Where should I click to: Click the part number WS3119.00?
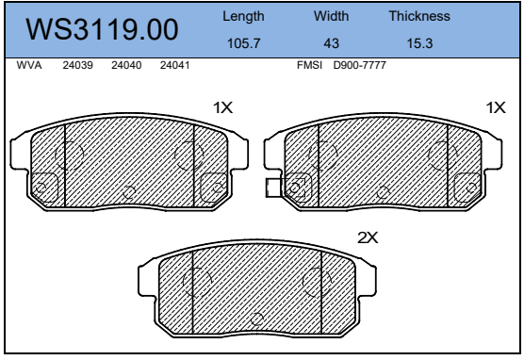[x=102, y=29]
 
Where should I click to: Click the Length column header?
[x=243, y=16]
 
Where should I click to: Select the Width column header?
[x=331, y=16]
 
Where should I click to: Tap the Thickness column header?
[x=419, y=16]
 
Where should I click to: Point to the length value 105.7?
[x=243, y=43]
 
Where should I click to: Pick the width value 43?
[x=331, y=43]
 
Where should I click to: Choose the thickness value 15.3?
[x=419, y=43]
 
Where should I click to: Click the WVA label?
[x=29, y=65]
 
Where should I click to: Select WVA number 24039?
[x=78, y=65]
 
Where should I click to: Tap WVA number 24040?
[x=126, y=65]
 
